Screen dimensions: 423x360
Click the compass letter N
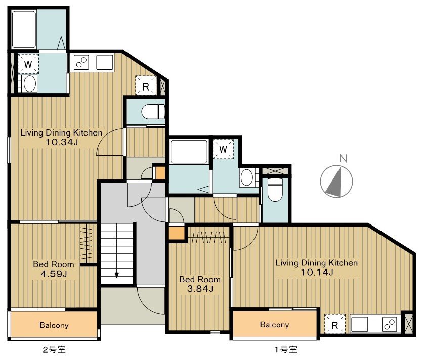343,158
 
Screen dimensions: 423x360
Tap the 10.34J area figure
62,142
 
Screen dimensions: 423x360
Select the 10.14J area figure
317,272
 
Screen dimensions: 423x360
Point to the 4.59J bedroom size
54,274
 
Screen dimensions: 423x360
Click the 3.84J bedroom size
200,289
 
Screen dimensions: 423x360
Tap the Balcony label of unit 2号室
54,325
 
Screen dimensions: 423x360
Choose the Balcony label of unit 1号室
274,325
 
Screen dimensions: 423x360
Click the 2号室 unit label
54,350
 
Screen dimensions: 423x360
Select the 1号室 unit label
286,350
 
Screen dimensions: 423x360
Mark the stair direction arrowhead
116,275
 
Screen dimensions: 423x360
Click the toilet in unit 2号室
153,112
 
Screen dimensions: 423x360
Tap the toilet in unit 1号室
275,189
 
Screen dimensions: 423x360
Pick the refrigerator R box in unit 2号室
146,86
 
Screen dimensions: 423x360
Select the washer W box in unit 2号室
28,64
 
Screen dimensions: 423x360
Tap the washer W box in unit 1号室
223,149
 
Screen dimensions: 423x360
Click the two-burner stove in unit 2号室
81,62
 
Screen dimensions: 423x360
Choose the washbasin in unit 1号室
246,177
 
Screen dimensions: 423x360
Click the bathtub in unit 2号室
24,29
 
